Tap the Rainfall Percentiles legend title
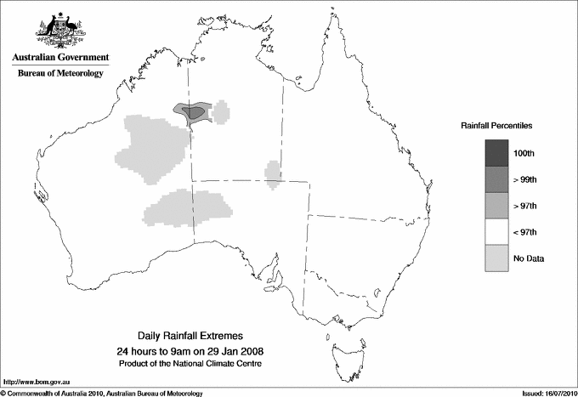pos(496,126)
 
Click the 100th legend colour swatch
pos(497,153)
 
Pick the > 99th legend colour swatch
pos(497,179)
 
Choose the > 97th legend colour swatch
pos(497,206)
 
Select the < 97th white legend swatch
pos(497,232)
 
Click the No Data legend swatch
pos(497,258)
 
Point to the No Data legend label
pos(528,258)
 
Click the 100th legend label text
pos(524,153)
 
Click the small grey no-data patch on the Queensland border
pos(273,173)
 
